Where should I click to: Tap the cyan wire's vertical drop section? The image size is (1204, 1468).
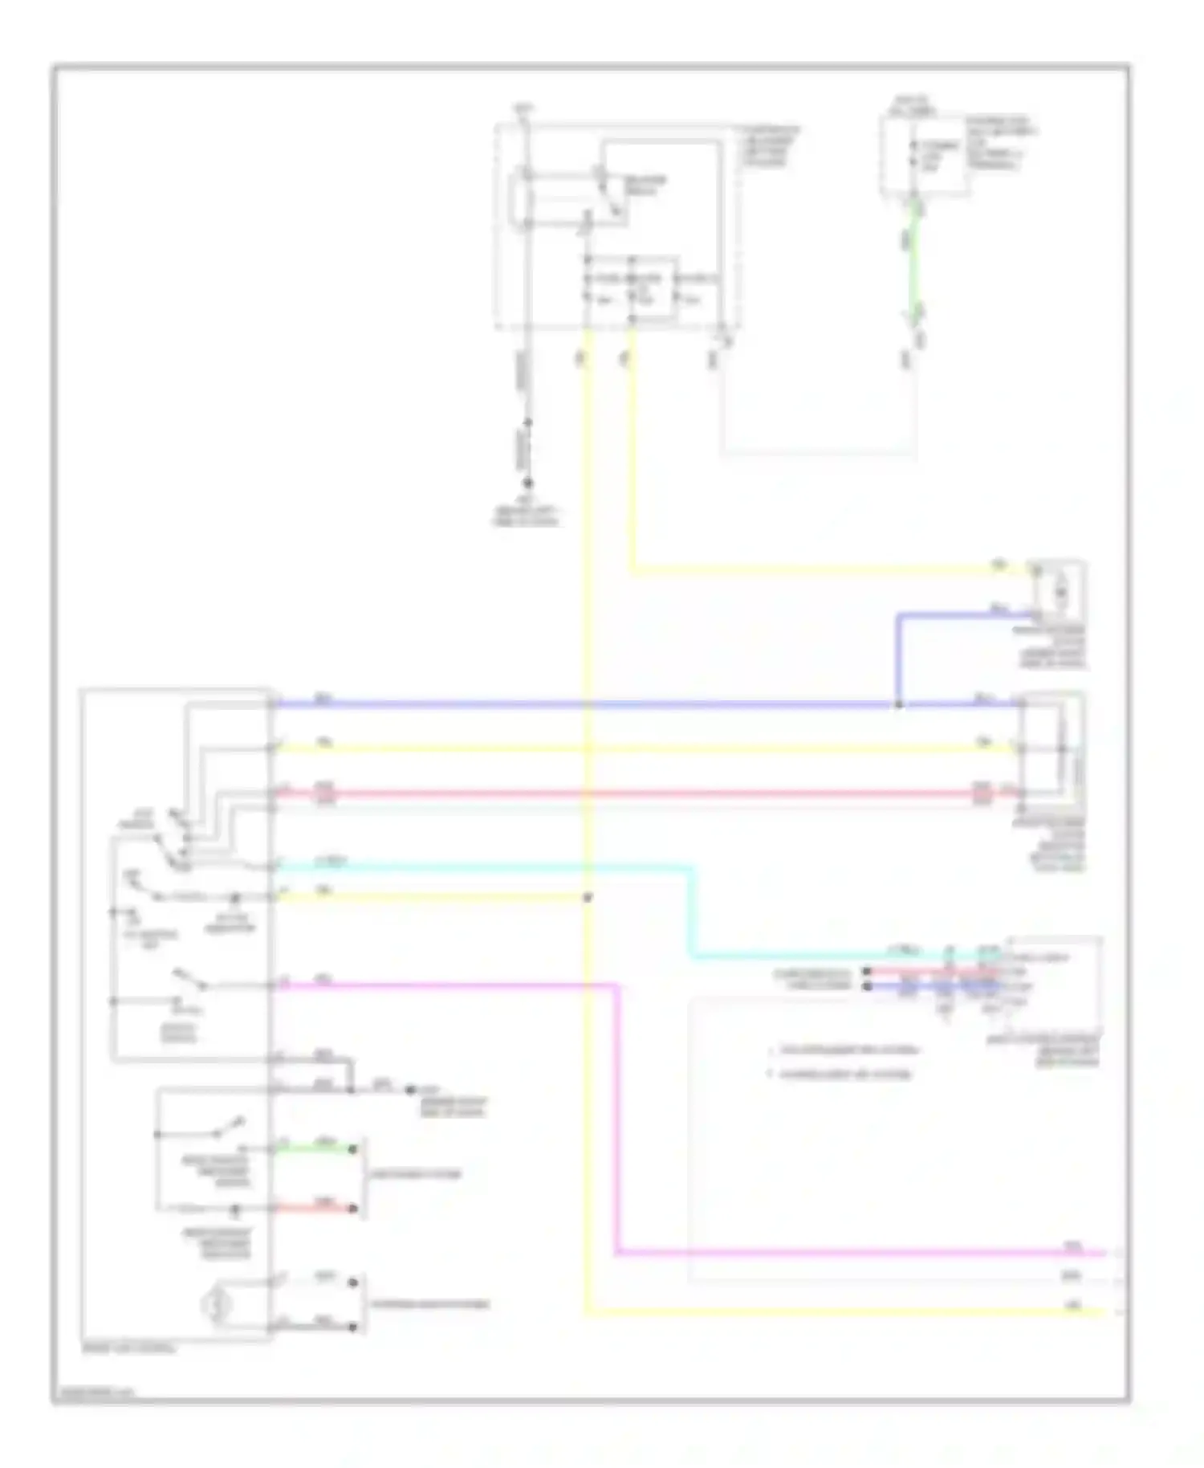point(691,911)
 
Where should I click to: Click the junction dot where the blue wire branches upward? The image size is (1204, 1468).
point(898,704)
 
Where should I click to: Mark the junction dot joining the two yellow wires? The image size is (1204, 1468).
point(587,897)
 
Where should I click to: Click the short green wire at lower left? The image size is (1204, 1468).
point(313,1149)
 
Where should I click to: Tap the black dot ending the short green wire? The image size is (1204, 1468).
point(352,1149)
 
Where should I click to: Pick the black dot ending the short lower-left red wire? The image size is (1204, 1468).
point(352,1208)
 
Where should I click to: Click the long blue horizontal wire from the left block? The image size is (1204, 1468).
point(562,704)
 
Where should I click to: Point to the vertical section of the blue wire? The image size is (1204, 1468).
point(898,659)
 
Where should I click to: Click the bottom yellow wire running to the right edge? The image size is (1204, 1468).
point(843,1312)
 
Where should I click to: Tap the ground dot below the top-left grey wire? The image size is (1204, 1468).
point(527,483)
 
